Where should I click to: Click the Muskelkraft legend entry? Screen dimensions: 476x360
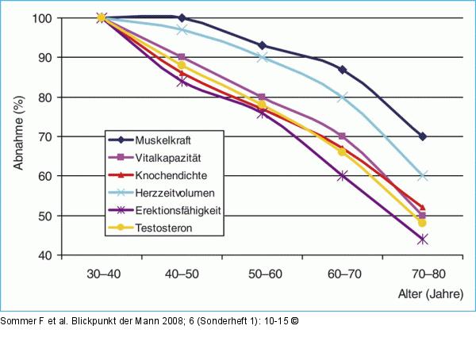163,140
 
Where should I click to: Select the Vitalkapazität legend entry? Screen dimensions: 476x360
168,158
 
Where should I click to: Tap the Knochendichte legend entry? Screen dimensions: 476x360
171,175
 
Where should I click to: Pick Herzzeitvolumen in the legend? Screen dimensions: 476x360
175,193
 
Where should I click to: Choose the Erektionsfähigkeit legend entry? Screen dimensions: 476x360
178,210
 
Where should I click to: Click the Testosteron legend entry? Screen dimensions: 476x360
163,228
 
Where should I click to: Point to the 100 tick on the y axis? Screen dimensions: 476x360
43,18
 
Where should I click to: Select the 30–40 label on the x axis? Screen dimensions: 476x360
103,274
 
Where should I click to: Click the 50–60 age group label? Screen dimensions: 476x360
265,274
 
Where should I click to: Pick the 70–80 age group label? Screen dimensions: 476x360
428,274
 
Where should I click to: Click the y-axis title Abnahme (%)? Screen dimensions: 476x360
19,133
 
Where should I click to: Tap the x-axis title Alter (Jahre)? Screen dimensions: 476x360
431,294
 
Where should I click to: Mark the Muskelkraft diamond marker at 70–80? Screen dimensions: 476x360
423,136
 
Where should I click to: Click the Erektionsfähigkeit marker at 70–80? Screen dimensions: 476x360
423,239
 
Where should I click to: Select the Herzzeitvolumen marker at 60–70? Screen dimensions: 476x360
342,97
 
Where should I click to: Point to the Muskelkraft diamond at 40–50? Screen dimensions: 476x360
182,18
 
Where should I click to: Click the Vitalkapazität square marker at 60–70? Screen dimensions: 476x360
342,136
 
